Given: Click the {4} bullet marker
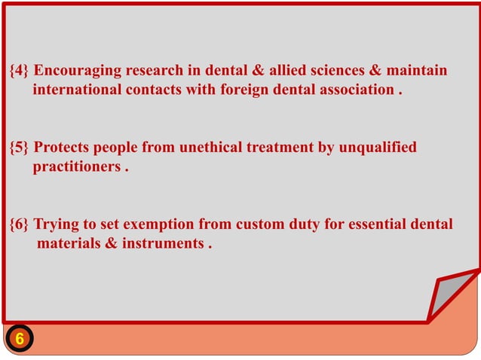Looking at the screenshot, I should (20, 71).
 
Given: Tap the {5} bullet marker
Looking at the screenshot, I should (20, 148).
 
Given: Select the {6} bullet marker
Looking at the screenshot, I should (20, 224).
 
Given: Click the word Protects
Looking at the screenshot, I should (63, 148).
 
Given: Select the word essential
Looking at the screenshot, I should (379, 224).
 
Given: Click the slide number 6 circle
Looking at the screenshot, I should (20, 339).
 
